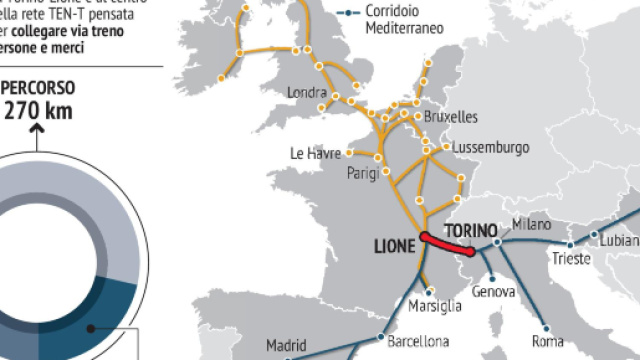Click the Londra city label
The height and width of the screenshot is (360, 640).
tap(306, 93)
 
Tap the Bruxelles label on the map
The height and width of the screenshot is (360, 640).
tap(451, 116)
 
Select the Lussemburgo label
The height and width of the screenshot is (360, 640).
tap(490, 147)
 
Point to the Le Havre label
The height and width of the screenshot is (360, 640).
tap(315, 154)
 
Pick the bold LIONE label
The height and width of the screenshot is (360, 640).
tap(394, 243)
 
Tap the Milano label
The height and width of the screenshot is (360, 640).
tap(531, 224)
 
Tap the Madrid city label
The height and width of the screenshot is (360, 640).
tap(287, 346)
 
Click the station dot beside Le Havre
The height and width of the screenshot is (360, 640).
tap(351, 154)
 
